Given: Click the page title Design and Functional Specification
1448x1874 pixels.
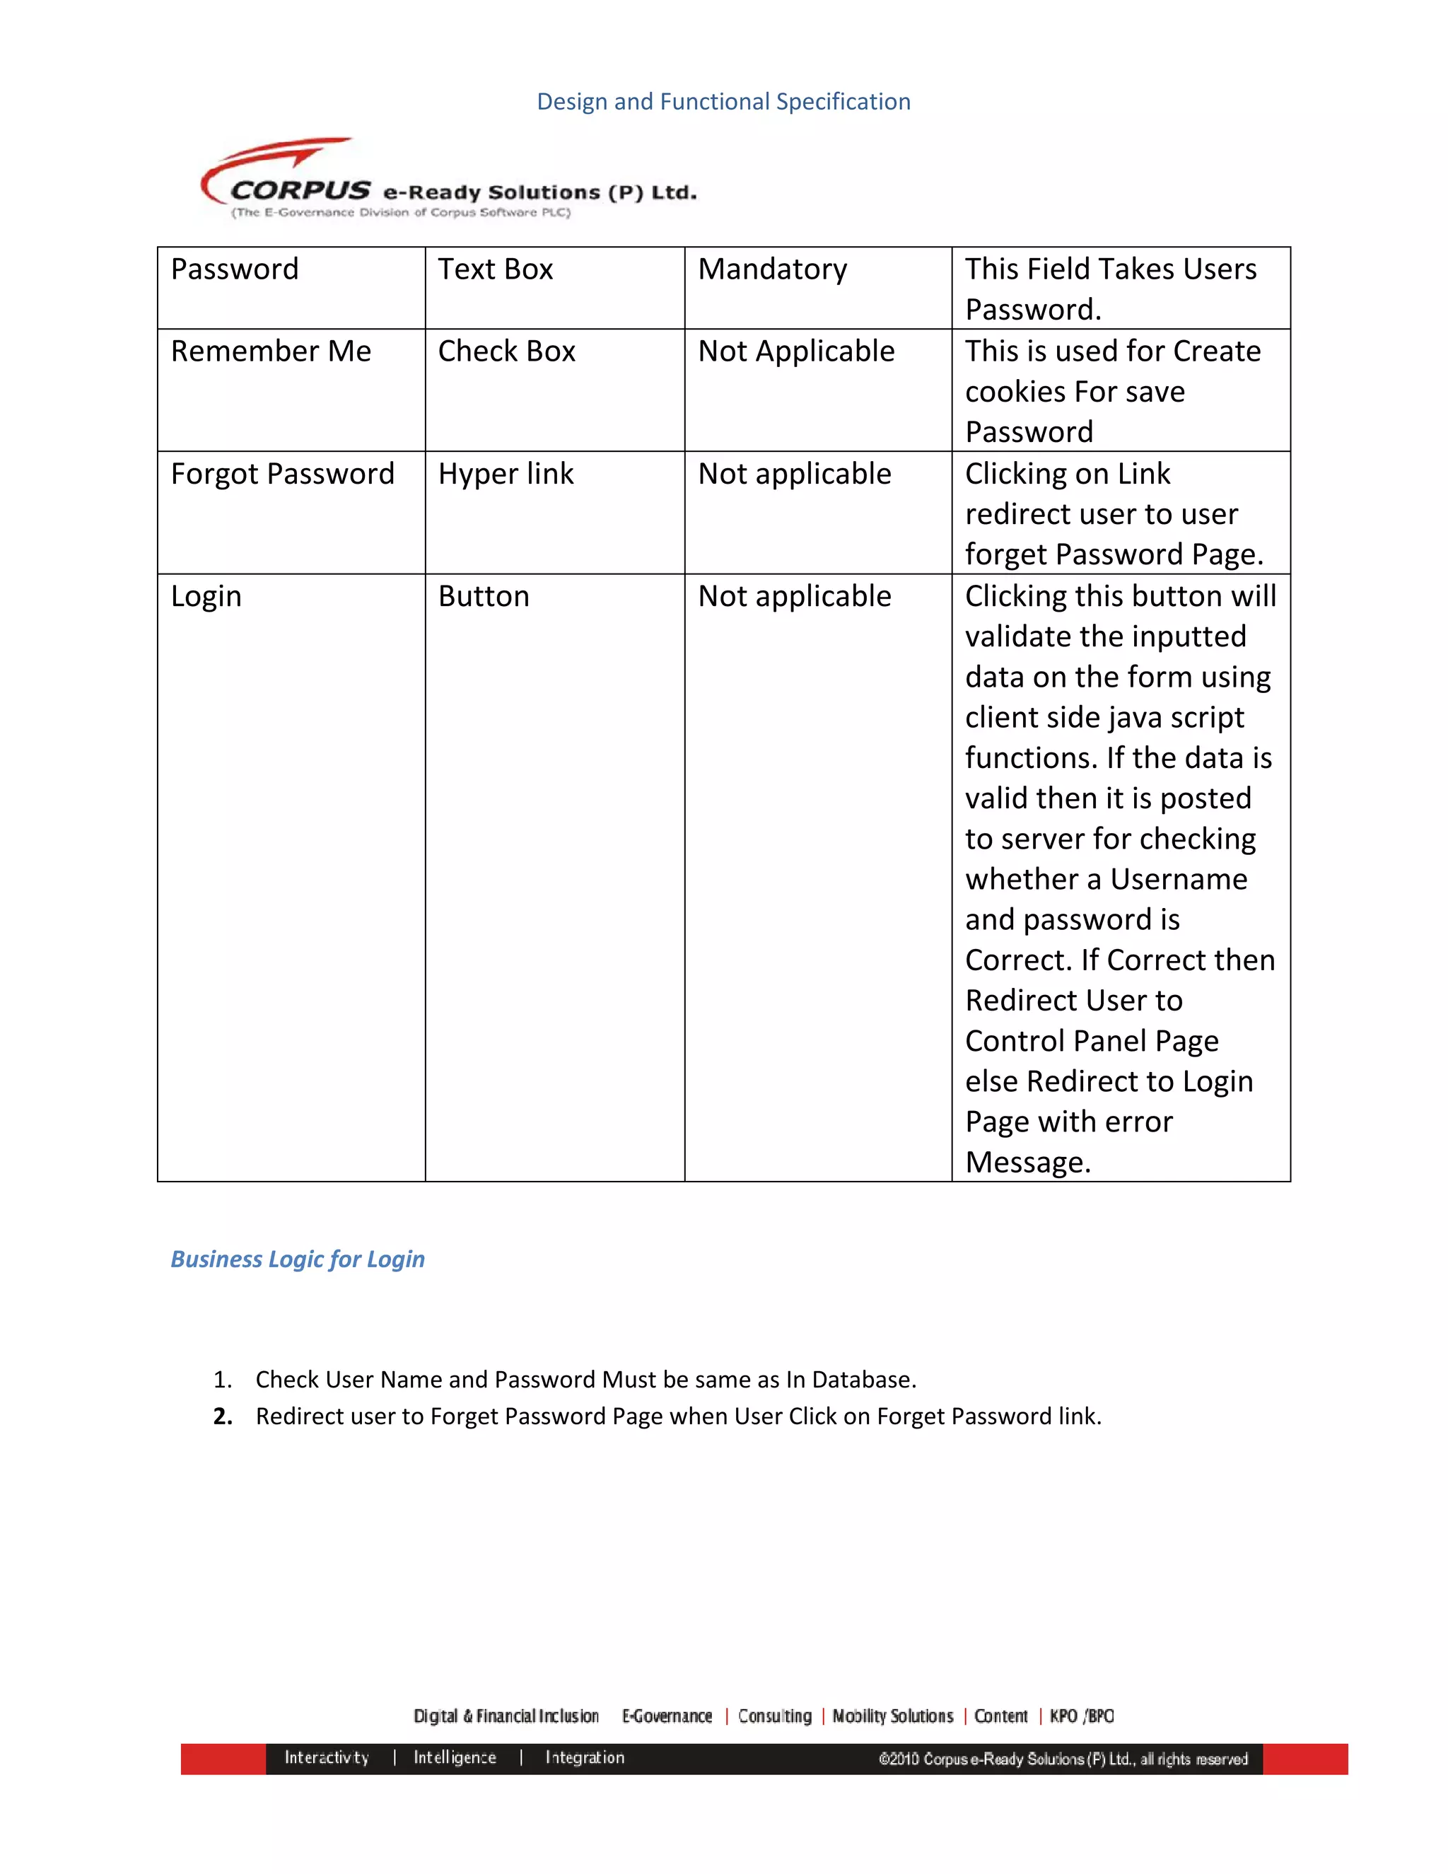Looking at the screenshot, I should click(x=723, y=101).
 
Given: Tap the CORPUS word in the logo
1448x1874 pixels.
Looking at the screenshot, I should click(x=300, y=190).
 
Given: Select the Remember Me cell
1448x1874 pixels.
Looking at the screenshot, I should click(x=271, y=351).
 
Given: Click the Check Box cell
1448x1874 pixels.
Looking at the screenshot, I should click(x=506, y=351).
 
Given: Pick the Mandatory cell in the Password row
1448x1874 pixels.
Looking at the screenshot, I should click(x=772, y=269).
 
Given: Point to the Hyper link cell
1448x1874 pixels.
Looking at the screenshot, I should click(x=506, y=474).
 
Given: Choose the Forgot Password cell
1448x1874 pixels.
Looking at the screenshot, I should click(x=282, y=474).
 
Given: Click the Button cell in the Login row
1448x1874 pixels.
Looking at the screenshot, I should click(x=484, y=596).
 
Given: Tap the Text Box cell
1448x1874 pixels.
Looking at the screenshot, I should click(x=495, y=269).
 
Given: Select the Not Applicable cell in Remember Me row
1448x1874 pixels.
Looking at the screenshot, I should click(x=796, y=351).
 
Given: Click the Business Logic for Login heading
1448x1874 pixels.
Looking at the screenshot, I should click(x=298, y=1259).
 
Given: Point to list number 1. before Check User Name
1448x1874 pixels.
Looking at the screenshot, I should click(x=222, y=1380).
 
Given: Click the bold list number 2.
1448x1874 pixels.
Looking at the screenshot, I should click(x=223, y=1416).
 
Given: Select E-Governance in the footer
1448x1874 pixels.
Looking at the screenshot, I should click(x=667, y=1716).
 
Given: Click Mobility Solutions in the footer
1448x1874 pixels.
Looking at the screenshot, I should click(x=892, y=1716).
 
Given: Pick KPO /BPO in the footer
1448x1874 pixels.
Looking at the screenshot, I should click(x=1081, y=1716).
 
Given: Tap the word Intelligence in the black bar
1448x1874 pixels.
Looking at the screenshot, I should click(x=455, y=1757).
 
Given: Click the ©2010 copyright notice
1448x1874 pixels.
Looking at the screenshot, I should click(x=1062, y=1759).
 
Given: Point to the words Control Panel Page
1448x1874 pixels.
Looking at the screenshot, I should click(x=1091, y=1041).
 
